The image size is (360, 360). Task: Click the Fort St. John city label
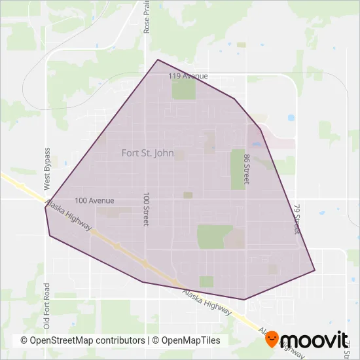(x=147, y=153)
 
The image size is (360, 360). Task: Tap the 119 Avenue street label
(x=188, y=77)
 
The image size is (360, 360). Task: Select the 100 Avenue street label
(x=94, y=200)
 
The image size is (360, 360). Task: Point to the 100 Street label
(x=146, y=210)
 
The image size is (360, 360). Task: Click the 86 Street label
(x=247, y=170)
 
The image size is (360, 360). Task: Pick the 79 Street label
(x=297, y=219)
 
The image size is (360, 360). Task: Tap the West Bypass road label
(x=47, y=169)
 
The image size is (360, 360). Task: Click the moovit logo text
(x=317, y=340)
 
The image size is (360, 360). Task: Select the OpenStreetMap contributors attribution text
(x=82, y=340)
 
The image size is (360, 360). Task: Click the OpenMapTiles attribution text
(x=190, y=340)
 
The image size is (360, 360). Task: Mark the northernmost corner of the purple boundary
(x=158, y=60)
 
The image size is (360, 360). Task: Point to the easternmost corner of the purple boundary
(x=315, y=270)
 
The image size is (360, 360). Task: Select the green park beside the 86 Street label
(x=236, y=169)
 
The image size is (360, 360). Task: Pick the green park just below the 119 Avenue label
(x=183, y=90)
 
